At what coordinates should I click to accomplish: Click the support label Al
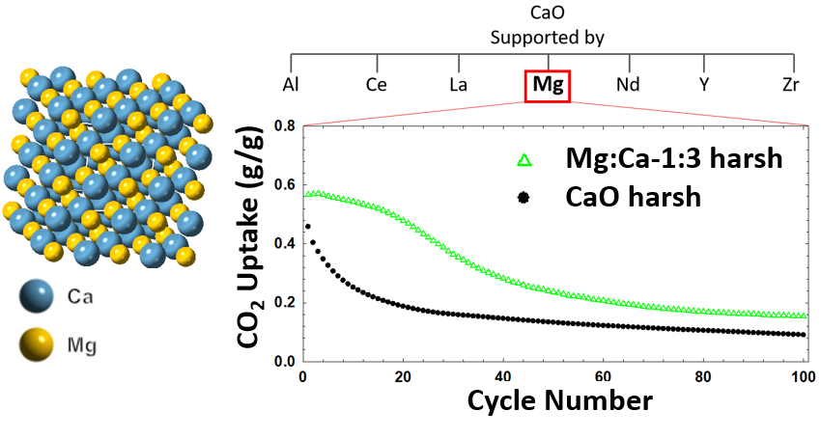pos(290,85)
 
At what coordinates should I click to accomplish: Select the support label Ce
pos(377,85)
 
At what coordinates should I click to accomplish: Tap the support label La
pos(460,85)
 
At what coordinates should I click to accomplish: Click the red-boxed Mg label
pos(547,85)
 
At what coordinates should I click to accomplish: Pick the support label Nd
pos(628,85)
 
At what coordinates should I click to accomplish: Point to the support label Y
pos(704,85)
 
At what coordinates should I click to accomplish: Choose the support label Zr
pos(791,85)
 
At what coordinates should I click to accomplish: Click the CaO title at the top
pos(547,14)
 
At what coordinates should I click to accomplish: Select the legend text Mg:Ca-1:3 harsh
pos(672,159)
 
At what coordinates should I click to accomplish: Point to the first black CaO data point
pos(307,226)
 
